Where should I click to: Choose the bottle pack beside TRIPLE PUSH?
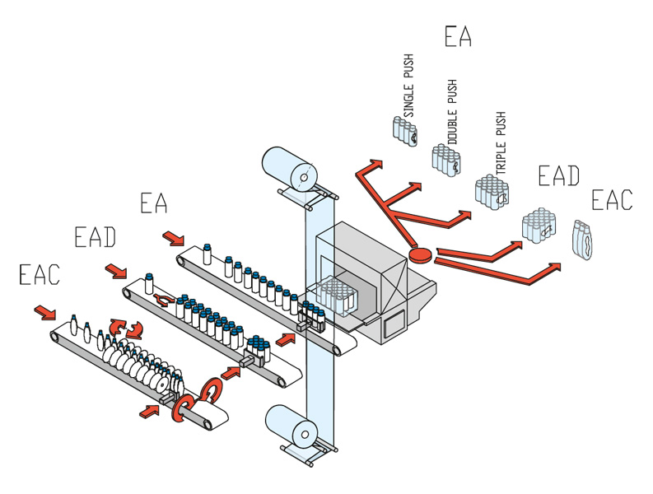tap(492, 192)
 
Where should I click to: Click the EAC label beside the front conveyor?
tap(39, 274)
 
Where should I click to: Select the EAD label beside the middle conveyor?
tap(95, 237)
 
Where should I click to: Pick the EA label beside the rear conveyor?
tap(154, 203)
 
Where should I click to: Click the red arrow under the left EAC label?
tap(44, 312)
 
